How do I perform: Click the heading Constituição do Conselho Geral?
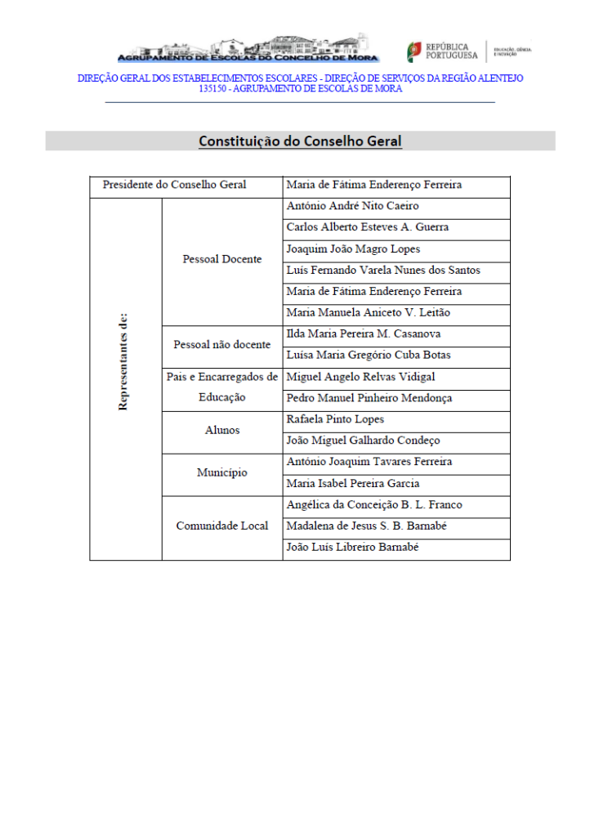(300, 141)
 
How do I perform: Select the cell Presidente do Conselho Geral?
(174, 185)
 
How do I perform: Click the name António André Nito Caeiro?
(352, 206)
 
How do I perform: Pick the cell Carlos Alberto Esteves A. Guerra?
(367, 227)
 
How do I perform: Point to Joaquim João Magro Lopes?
(353, 248)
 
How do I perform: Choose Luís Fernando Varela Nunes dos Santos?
(383, 270)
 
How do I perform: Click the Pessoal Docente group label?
(222, 259)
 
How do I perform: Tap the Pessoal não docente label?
(222, 345)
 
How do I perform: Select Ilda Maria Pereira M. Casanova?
(364, 333)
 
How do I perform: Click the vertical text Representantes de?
(123, 361)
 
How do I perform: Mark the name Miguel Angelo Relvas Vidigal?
(360, 377)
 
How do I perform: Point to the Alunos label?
(222, 430)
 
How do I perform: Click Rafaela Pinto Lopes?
(335, 419)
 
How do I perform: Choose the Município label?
(222, 472)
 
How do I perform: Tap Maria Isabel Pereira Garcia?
(353, 483)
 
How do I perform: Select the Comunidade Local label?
(222, 526)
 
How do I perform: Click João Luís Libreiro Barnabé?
(353, 547)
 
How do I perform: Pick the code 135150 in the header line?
(213, 89)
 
